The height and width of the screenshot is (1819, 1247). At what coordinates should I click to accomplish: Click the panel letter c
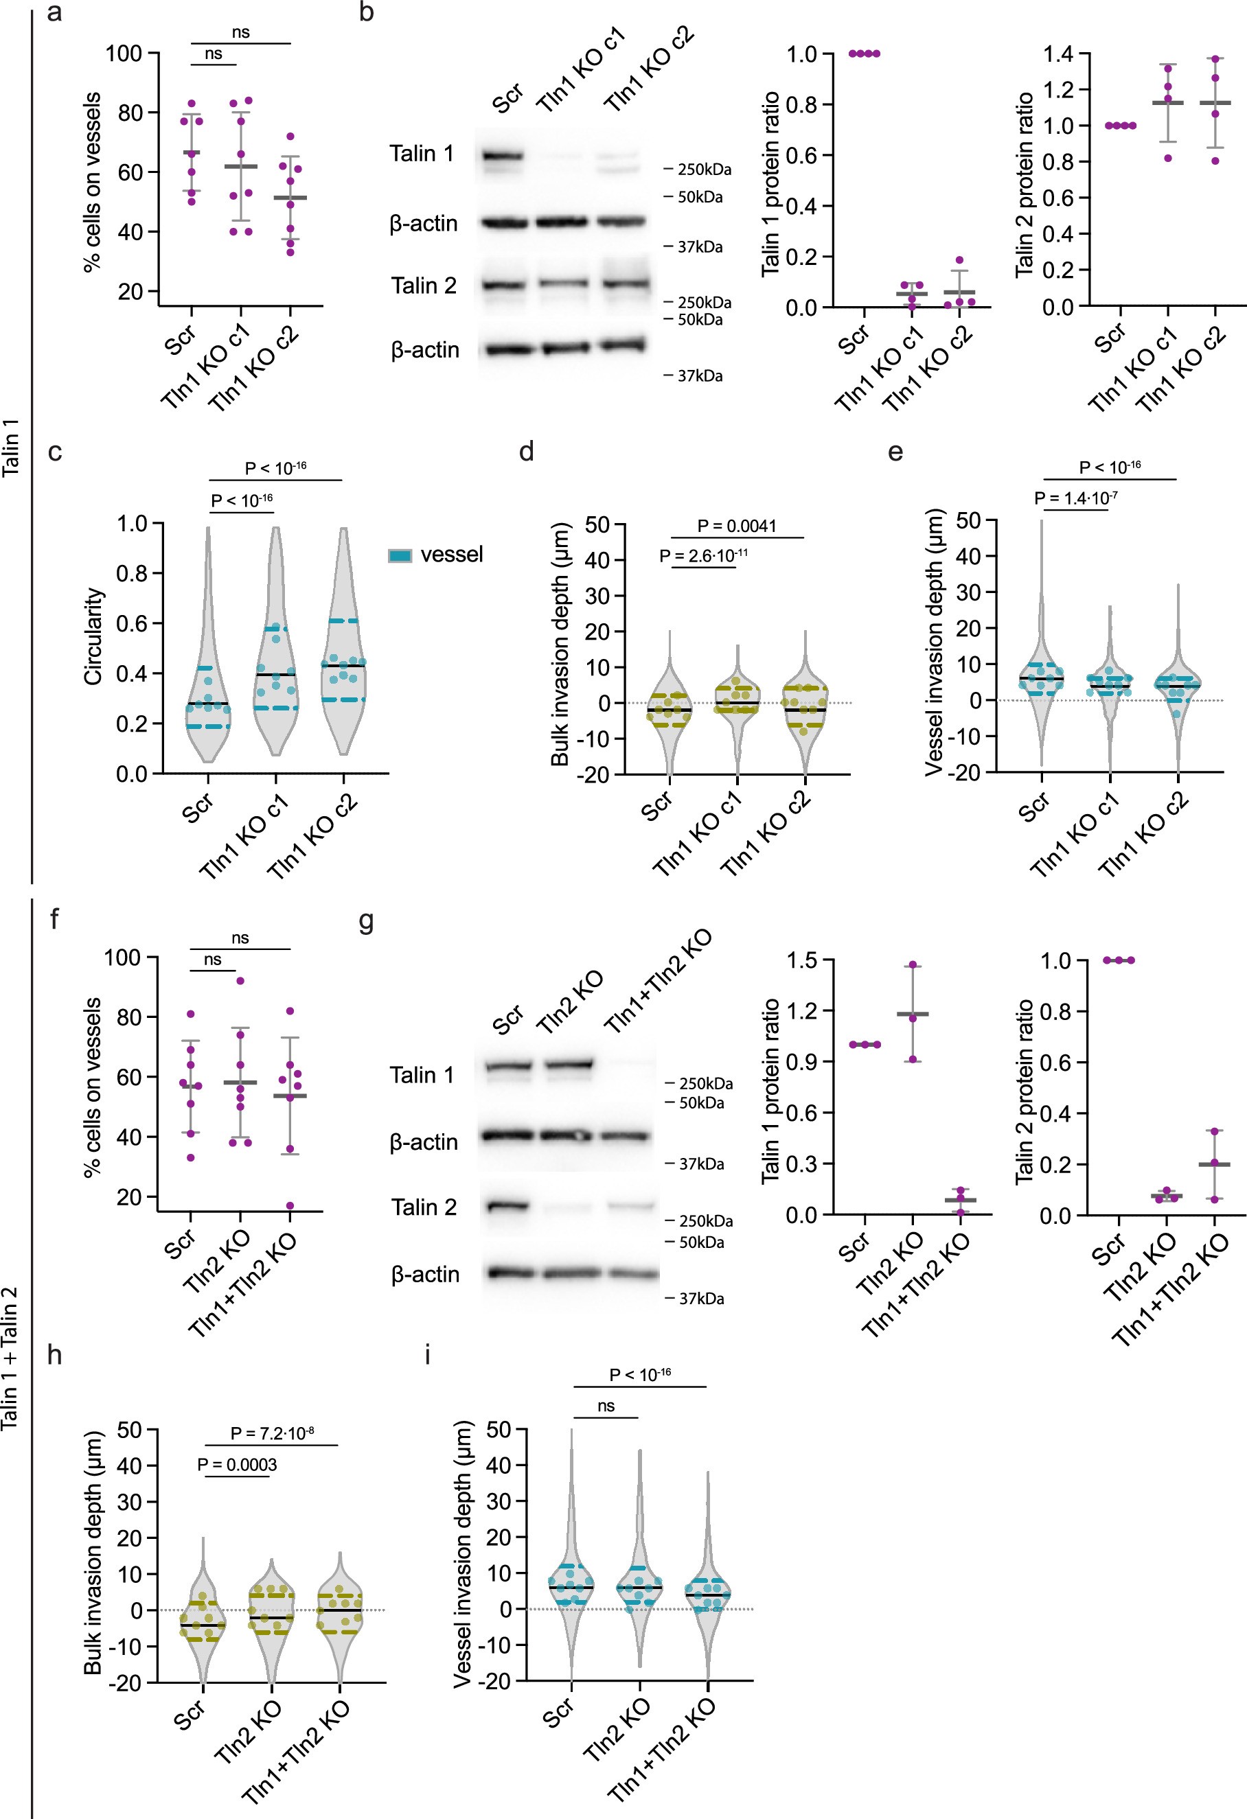tap(54, 452)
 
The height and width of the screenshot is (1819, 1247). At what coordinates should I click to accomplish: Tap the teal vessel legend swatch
tap(400, 556)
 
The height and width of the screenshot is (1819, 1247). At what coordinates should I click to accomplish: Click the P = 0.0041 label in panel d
tap(737, 526)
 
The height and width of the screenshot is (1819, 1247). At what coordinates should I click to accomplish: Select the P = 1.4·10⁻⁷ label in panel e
tap(1075, 498)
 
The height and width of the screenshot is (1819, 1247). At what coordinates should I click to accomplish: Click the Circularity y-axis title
tap(94, 637)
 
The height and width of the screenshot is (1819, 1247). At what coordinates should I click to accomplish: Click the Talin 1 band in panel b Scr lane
tap(502, 157)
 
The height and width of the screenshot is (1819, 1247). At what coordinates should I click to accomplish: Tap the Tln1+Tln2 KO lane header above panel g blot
tap(659, 982)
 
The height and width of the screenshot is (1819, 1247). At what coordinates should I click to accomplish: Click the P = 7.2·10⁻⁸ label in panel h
tap(272, 1433)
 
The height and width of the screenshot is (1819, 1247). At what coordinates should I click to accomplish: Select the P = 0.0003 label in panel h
tap(237, 1464)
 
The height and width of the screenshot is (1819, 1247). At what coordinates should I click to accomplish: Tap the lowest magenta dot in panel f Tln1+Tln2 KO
tap(290, 1206)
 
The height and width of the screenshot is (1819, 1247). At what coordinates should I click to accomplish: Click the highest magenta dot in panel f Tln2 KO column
tap(240, 981)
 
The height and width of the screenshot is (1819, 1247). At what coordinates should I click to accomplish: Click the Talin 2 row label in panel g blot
tap(424, 1207)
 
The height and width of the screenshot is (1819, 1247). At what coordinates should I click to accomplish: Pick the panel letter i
tap(427, 1355)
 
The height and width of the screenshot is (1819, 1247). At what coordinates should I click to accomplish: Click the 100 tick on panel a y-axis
tap(124, 54)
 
